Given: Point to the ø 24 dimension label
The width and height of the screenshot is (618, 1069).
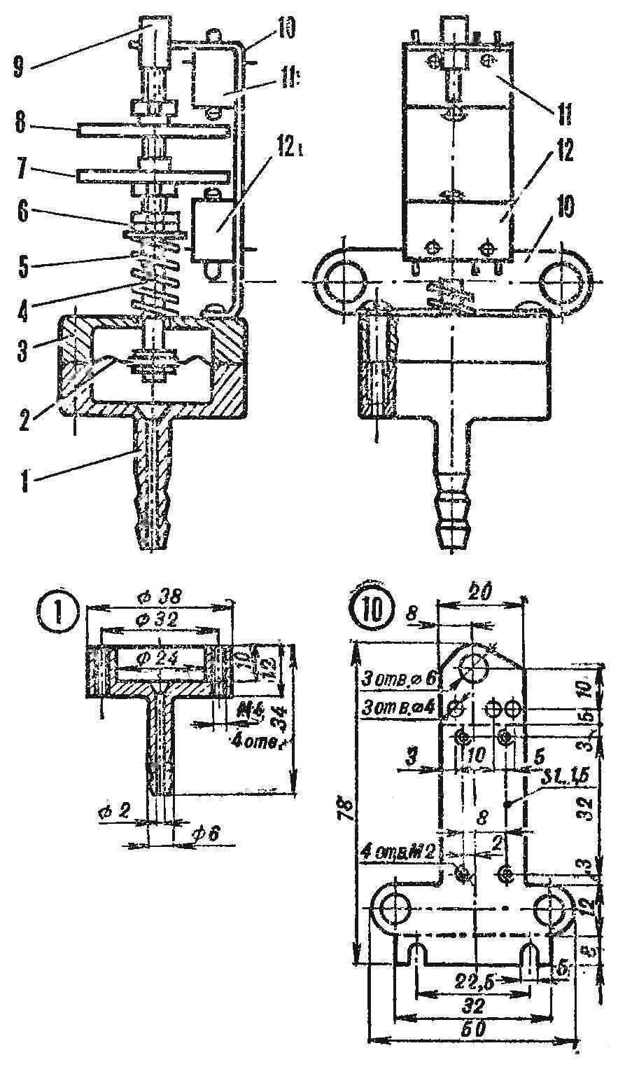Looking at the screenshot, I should (161, 656).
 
